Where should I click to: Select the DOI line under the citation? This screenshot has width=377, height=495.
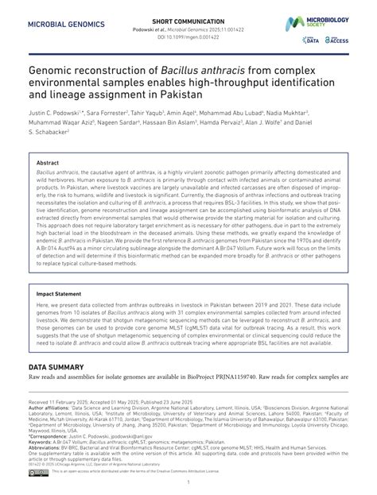(188, 37)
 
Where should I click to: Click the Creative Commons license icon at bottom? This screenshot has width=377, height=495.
(39, 472)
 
